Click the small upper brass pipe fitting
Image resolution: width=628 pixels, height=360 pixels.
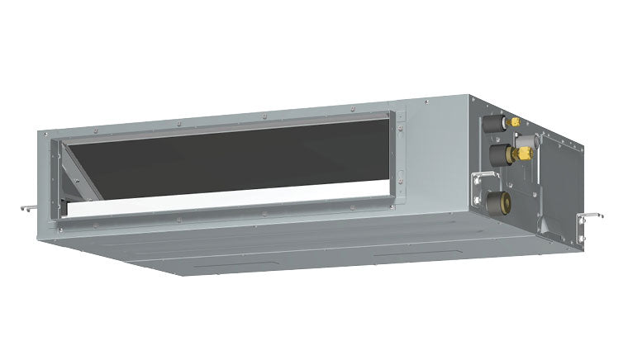pos(514,122)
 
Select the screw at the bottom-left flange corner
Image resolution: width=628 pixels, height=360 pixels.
pos(63,223)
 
